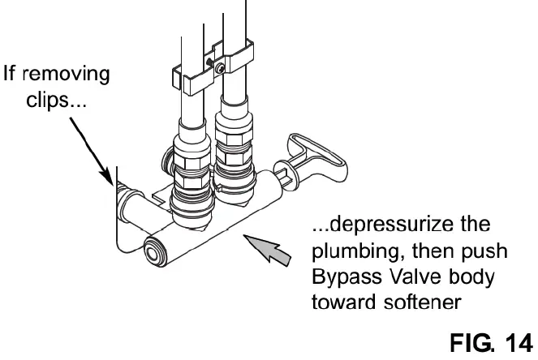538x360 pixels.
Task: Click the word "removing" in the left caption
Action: (x=69, y=75)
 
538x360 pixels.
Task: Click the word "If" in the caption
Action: (x=11, y=75)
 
